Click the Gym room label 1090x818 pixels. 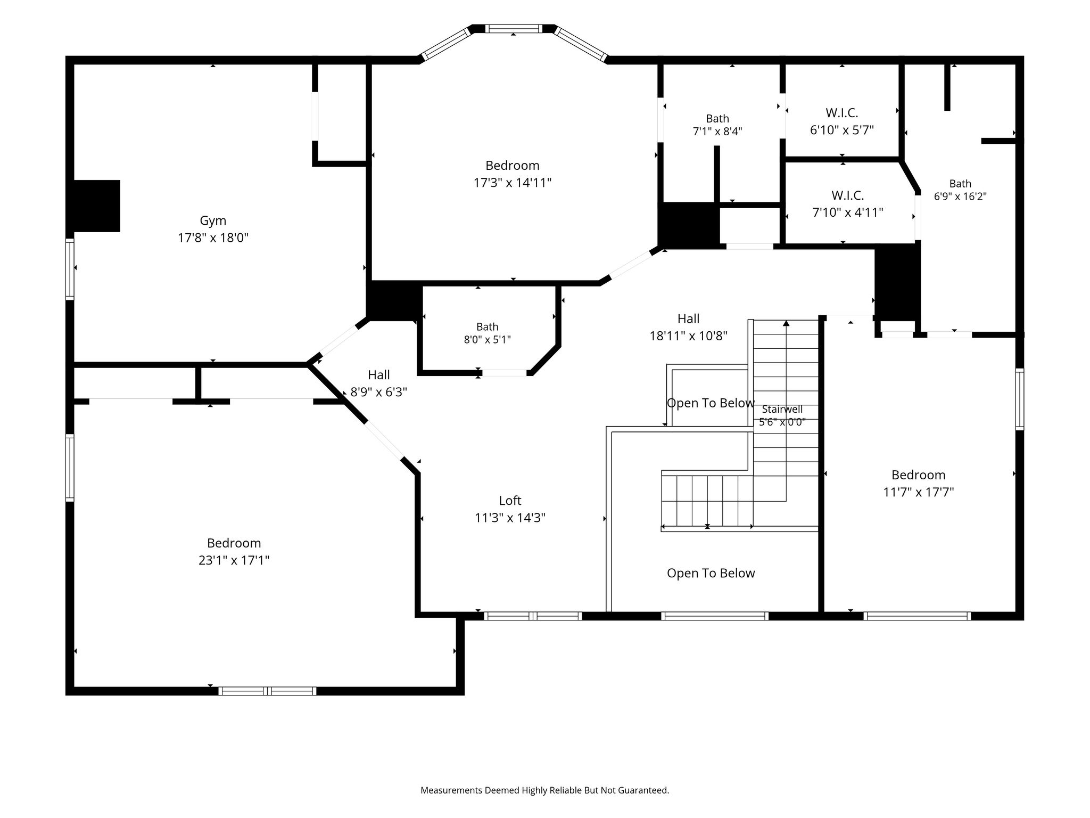click(x=213, y=220)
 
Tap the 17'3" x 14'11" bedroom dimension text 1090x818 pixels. click(x=513, y=183)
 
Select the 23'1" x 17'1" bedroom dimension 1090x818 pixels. click(x=234, y=560)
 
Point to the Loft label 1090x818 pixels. click(x=510, y=501)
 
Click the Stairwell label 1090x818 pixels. click(x=782, y=410)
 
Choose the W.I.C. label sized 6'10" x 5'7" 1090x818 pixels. click(x=842, y=113)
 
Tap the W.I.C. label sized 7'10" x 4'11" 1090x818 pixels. click(x=848, y=195)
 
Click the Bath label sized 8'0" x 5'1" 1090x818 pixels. click(x=488, y=327)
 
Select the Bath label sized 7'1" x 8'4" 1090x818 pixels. click(x=717, y=119)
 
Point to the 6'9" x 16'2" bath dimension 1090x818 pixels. click(x=960, y=197)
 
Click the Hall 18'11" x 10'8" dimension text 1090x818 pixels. click(x=688, y=336)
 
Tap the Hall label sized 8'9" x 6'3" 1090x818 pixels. click(x=379, y=375)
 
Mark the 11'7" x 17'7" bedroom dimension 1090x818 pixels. click(x=919, y=492)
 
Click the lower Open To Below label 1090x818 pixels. click(x=711, y=573)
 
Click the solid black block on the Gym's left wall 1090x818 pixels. click(x=96, y=206)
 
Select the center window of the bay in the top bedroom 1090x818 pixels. click(x=514, y=29)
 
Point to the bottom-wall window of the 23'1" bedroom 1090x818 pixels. click(x=267, y=691)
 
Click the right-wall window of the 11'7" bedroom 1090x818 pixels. click(x=1020, y=399)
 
